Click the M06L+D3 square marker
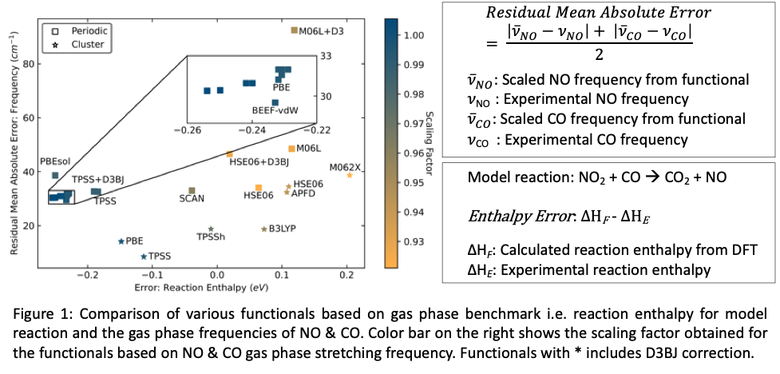294,30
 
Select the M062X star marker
350,175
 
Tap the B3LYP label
282,229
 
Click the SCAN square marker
192,190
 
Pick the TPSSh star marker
211,229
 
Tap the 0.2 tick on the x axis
346,276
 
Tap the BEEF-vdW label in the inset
275,110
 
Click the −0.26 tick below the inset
188,129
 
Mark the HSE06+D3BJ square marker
230,154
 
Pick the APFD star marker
287,192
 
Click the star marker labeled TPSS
144,257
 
